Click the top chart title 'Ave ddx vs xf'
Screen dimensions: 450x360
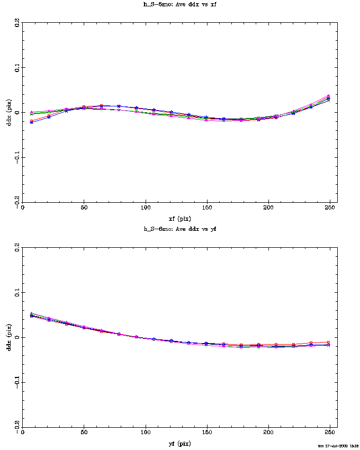point(180,4)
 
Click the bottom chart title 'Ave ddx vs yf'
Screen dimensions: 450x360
point(180,229)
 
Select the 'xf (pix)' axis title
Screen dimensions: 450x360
point(180,218)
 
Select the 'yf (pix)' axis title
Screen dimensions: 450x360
point(180,444)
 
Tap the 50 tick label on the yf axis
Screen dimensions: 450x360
point(84,433)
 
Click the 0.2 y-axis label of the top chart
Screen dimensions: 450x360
point(17,23)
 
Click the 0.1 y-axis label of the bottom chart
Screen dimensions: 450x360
point(17,293)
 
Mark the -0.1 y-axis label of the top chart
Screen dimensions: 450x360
point(17,158)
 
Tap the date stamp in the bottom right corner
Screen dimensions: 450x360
point(338,446)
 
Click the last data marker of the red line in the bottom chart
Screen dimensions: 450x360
point(329,343)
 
